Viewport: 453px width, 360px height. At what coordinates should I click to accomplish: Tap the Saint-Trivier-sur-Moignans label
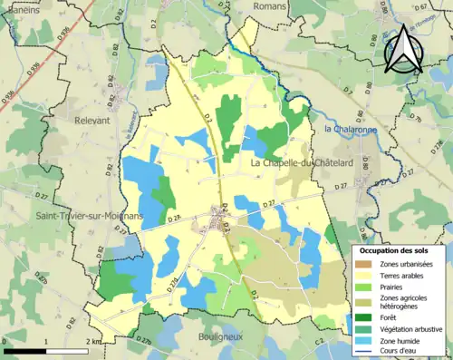coord(78,217)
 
